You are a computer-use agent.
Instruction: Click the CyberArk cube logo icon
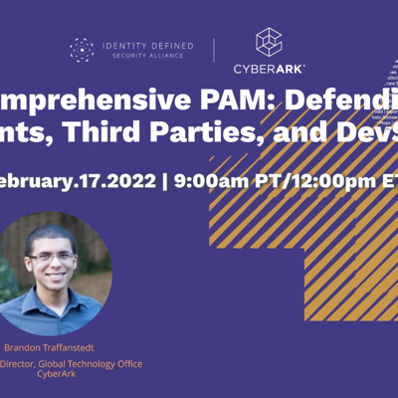pos(269,41)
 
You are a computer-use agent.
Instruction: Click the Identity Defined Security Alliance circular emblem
pos(82,49)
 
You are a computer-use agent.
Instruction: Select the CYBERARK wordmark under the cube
pos(269,69)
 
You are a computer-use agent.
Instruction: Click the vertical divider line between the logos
pos(214,50)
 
